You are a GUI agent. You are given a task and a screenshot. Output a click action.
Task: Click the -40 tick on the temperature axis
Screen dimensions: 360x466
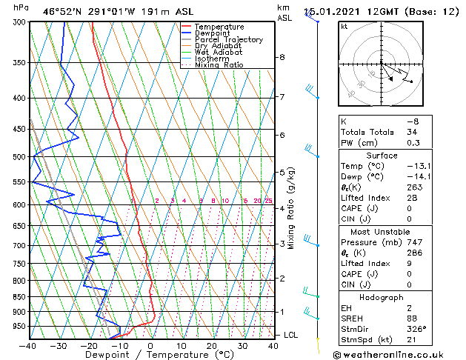[x=28, y=346]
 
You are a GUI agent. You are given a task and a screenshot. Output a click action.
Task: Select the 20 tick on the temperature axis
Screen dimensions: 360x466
[x=212, y=346]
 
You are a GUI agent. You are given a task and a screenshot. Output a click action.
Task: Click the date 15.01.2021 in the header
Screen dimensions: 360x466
[x=330, y=11]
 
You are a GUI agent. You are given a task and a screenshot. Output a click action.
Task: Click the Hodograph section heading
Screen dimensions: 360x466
[x=382, y=297]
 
